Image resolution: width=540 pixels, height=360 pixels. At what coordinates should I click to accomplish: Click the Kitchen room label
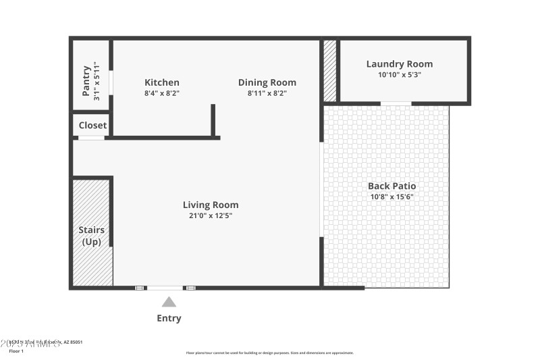pyautogui.click(x=162, y=82)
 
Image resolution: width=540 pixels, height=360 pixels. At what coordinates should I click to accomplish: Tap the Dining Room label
pyautogui.click(x=267, y=82)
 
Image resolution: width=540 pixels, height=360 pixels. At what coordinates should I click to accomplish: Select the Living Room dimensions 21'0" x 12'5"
pyautogui.click(x=211, y=215)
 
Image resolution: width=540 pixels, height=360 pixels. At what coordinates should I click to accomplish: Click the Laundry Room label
pyautogui.click(x=400, y=64)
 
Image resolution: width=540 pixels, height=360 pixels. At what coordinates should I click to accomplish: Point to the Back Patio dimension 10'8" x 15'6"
pyautogui.click(x=391, y=197)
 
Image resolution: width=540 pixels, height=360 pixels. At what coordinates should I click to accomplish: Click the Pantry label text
pyautogui.click(x=86, y=80)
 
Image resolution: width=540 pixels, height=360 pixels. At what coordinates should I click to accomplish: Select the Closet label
pyautogui.click(x=92, y=125)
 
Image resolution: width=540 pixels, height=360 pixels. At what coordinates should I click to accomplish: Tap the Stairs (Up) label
pyautogui.click(x=92, y=236)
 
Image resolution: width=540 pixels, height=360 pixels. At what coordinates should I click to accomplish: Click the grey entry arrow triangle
pyautogui.click(x=169, y=302)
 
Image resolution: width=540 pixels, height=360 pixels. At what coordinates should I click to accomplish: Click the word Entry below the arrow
pyautogui.click(x=169, y=318)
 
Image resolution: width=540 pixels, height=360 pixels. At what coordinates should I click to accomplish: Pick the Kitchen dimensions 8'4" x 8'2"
pyautogui.click(x=162, y=93)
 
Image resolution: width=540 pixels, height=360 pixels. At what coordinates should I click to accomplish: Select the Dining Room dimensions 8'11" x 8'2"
pyautogui.click(x=267, y=93)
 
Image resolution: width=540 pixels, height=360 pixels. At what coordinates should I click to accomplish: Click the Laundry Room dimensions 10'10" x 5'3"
pyautogui.click(x=400, y=75)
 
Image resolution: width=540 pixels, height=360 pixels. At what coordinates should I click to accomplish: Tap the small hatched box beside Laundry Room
pyautogui.click(x=330, y=70)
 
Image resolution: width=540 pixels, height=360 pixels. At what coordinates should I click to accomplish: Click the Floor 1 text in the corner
pyautogui.click(x=16, y=351)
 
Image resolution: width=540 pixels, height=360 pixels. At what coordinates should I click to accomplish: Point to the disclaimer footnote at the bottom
pyautogui.click(x=270, y=353)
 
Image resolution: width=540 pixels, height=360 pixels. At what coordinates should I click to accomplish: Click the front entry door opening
pyautogui.click(x=165, y=288)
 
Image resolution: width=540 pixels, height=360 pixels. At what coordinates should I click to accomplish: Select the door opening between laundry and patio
pyautogui.click(x=396, y=103)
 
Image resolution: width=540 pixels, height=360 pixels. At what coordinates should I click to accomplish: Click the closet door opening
pyautogui.click(x=91, y=138)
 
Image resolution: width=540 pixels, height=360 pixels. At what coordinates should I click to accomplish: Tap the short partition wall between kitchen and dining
pyautogui.click(x=213, y=120)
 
